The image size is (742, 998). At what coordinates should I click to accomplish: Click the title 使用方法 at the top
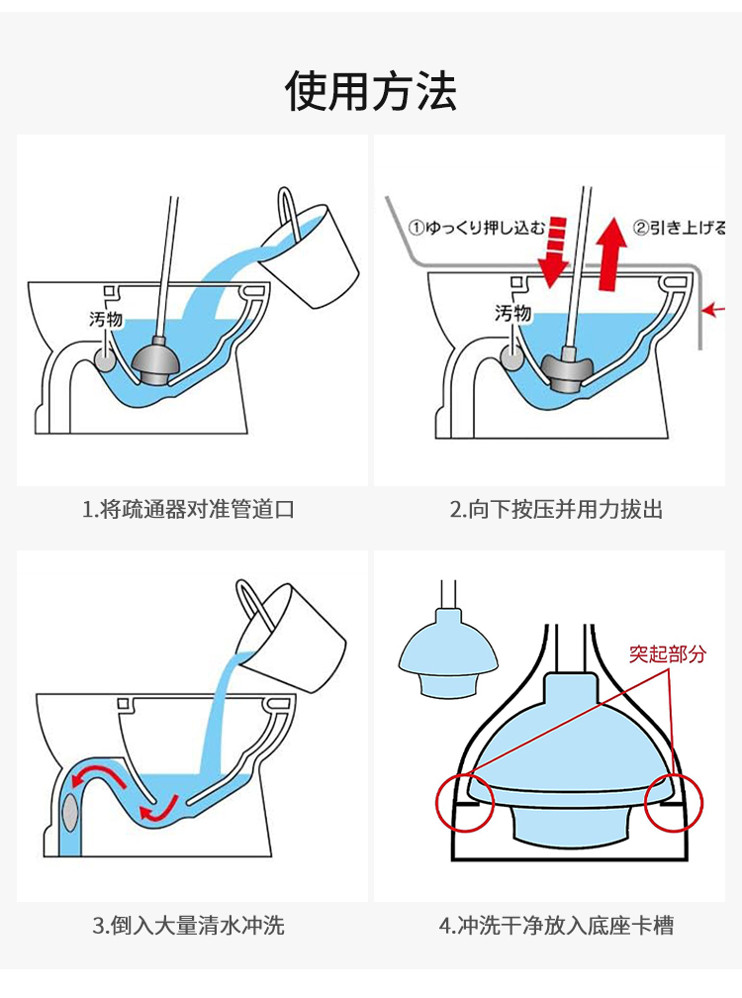point(371,92)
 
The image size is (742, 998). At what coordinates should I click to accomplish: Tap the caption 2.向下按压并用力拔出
point(556,510)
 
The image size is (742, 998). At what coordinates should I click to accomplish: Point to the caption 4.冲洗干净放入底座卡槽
point(556,926)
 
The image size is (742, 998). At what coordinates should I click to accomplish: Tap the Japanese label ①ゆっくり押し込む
point(477,227)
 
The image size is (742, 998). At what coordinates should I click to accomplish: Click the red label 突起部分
point(669,653)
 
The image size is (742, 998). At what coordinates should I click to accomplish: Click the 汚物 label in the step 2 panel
point(512,314)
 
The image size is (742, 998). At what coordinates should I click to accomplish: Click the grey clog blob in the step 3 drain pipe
point(70,810)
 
